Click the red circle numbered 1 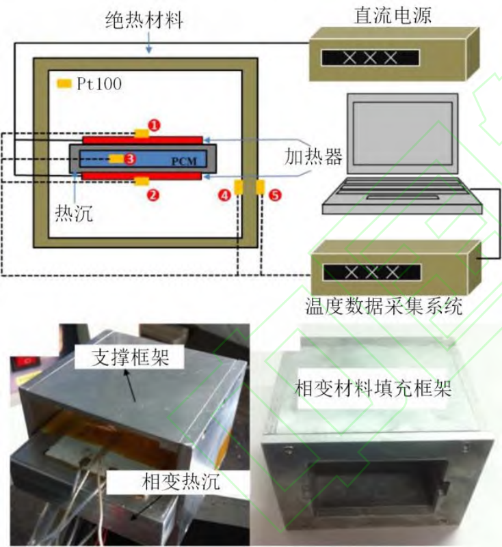pos(155,125)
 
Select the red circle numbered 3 pos(131,158)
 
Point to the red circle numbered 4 pos(224,195)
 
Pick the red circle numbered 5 pos(274,195)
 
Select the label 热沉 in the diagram pos(70,213)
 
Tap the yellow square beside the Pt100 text pos(64,84)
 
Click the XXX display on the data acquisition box pos(372,272)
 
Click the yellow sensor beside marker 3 pos(116,159)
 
